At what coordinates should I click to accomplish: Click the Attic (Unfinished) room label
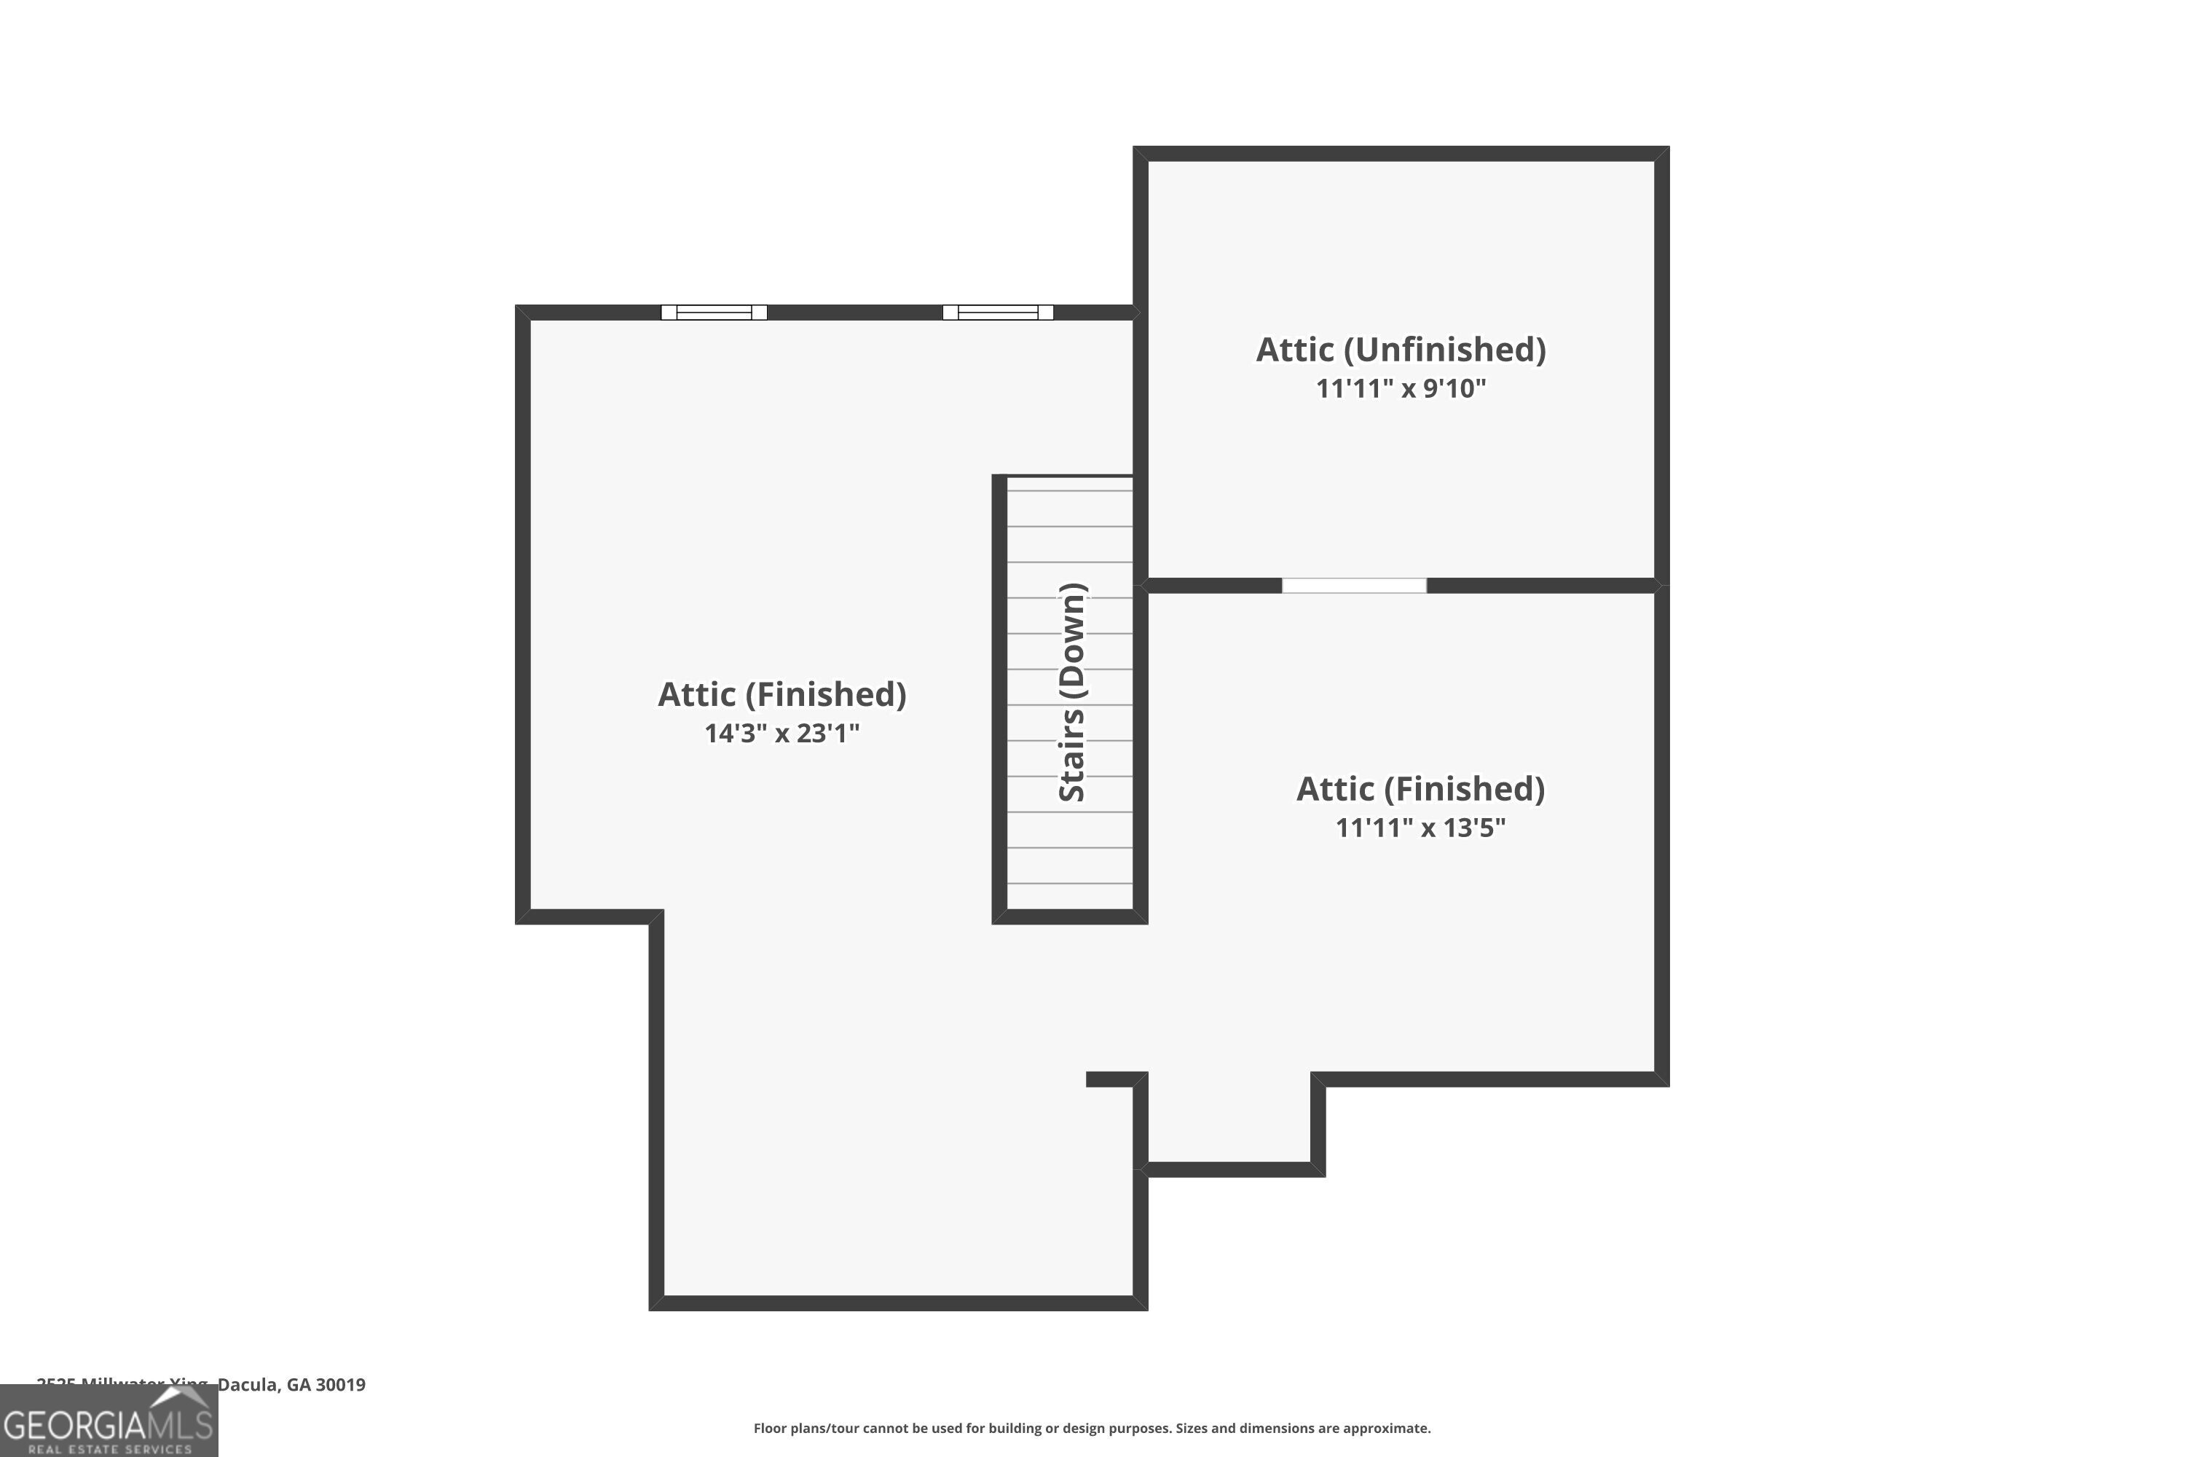(x=1400, y=350)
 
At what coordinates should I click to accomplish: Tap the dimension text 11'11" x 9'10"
(x=1400, y=388)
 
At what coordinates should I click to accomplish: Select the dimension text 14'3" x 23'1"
(x=782, y=733)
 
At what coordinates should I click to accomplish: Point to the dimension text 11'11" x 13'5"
(x=1420, y=827)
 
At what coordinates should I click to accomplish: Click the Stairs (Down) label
(x=1072, y=692)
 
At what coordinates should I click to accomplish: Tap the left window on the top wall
(x=714, y=313)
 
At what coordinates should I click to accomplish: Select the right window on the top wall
(x=997, y=313)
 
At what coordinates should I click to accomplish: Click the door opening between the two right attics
(x=1353, y=586)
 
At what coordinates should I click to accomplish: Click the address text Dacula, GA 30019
(x=292, y=1385)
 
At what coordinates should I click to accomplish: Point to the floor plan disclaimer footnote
(x=1092, y=1428)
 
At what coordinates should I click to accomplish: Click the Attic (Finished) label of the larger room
(x=782, y=694)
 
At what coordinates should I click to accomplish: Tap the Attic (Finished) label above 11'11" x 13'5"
(x=1420, y=789)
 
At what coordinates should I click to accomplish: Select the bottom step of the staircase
(x=1069, y=896)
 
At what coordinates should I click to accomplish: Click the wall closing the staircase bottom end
(x=1069, y=917)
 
